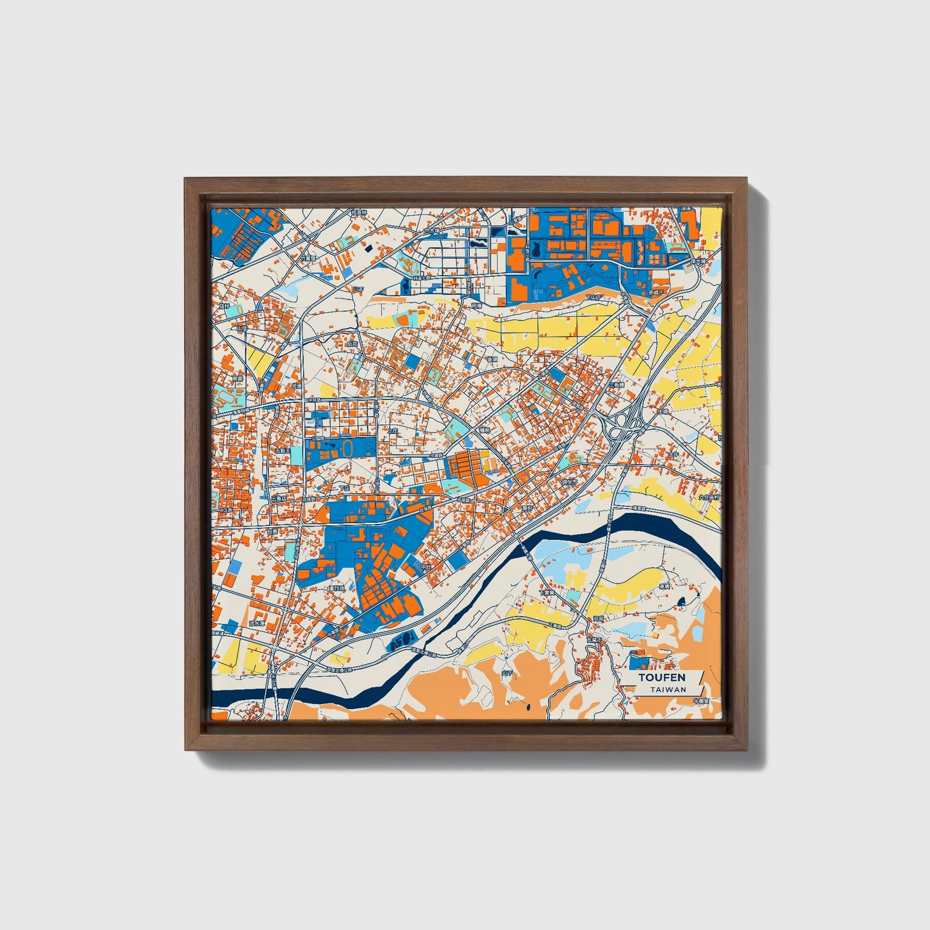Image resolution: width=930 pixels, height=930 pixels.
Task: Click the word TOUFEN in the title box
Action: (662, 677)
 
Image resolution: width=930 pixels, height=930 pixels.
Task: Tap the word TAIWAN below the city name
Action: (667, 689)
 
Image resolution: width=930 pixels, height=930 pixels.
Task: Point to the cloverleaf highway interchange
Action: (619, 426)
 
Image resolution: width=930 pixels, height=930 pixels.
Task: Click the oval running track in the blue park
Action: (348, 447)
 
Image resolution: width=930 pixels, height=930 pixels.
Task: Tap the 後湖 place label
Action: (492, 360)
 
